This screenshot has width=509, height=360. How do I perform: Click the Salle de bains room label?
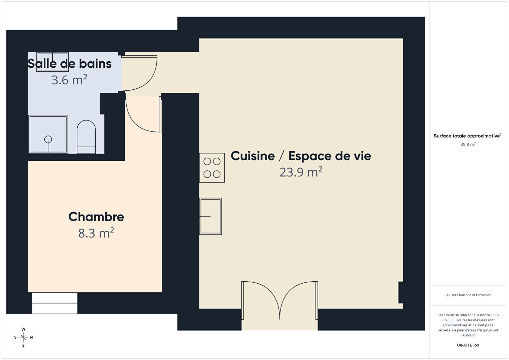coord(69,63)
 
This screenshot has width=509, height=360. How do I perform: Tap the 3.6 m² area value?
coord(69,80)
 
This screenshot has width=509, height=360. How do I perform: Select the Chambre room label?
coord(96,217)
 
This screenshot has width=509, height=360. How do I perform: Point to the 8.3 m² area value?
coord(96,233)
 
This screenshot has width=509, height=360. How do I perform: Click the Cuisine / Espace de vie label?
coord(301,156)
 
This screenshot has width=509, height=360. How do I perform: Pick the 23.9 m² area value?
coord(301,172)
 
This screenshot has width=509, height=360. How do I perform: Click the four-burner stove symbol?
coord(212,168)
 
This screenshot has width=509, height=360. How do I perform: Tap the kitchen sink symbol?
coord(210,216)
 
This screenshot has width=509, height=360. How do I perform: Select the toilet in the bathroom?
coord(86,137)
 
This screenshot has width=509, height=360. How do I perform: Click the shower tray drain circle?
coord(48,139)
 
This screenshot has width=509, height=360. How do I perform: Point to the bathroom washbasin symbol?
coord(52,62)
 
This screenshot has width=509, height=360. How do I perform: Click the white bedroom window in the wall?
coord(55,303)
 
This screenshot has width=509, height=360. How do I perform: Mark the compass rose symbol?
coord(23,337)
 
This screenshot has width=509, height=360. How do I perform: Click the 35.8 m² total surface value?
coord(468,144)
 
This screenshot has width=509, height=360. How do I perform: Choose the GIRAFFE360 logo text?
coord(468,345)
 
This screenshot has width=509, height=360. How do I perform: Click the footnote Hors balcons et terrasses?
coord(468,295)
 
